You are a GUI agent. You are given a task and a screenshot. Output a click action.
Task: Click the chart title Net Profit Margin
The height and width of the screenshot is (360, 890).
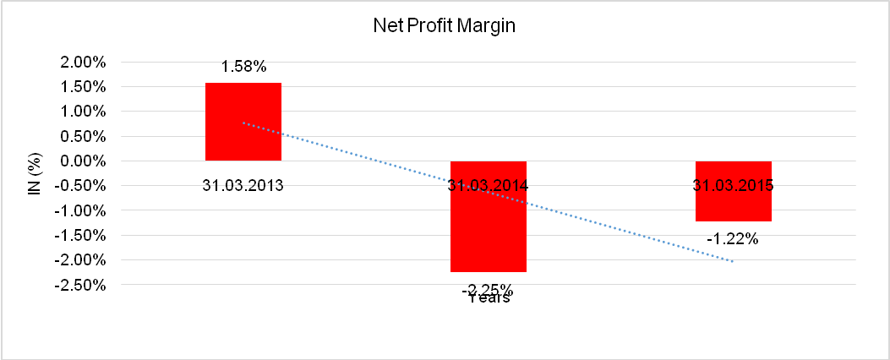[x=445, y=26]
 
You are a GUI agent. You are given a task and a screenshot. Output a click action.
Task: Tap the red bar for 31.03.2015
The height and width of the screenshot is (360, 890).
[x=734, y=207]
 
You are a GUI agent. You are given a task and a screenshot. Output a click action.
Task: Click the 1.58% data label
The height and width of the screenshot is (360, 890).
[x=243, y=67]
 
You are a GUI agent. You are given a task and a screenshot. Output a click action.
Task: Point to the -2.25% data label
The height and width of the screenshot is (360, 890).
[x=488, y=287]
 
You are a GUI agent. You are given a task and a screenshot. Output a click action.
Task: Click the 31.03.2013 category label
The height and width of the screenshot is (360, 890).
[x=243, y=185]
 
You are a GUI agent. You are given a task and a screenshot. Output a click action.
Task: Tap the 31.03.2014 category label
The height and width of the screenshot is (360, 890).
[x=489, y=185]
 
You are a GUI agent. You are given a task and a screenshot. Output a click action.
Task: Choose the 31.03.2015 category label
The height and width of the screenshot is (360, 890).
[x=734, y=185]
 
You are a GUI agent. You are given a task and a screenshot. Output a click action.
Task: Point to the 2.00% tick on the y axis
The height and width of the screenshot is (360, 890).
[x=81, y=62]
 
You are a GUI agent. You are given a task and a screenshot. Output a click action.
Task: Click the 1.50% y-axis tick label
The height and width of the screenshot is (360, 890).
[x=81, y=87]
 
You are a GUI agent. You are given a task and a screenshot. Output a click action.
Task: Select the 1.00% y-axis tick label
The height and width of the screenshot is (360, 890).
[x=81, y=112]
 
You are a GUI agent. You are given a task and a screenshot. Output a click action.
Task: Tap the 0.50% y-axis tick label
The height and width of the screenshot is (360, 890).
[x=81, y=136]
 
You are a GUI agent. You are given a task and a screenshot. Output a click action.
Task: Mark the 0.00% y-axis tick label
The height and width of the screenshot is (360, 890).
[x=81, y=161]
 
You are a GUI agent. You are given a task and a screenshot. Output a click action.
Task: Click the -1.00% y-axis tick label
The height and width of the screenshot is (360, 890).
[x=79, y=210]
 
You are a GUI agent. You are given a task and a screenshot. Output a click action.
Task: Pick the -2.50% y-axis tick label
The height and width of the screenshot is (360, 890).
[x=79, y=285]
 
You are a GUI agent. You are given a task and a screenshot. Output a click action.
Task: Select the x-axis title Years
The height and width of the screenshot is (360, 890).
[x=490, y=298]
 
